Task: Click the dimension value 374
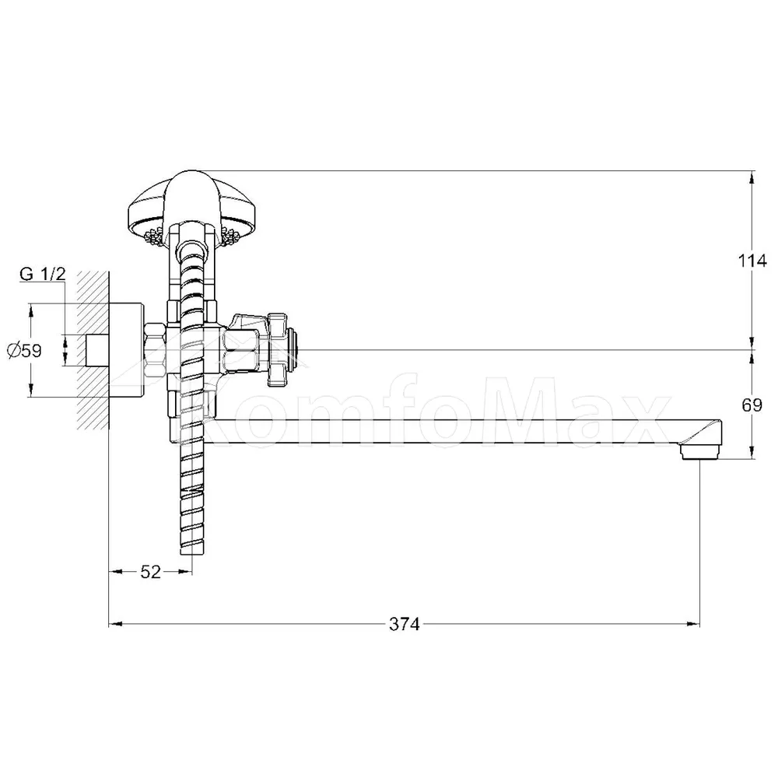pyautogui.click(x=404, y=624)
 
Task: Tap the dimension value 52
pyautogui.click(x=150, y=572)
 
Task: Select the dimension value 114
pyautogui.click(x=752, y=261)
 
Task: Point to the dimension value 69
pyautogui.click(x=752, y=405)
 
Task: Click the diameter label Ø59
pyautogui.click(x=24, y=351)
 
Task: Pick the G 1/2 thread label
pyautogui.click(x=43, y=273)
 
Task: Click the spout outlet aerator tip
pyautogui.click(x=699, y=452)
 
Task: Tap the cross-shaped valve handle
pyautogui.click(x=278, y=350)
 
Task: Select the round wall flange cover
pyautogui.click(x=126, y=350)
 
